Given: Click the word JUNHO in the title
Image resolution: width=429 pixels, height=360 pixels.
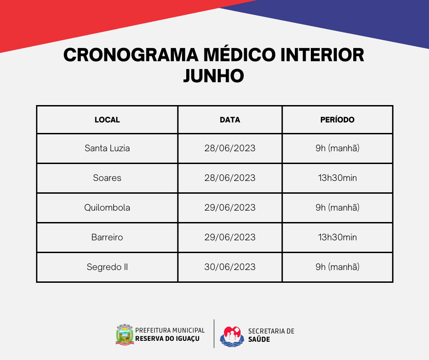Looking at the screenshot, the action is tap(214, 76).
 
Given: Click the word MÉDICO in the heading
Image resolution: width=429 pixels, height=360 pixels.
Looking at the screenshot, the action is tap(240, 54).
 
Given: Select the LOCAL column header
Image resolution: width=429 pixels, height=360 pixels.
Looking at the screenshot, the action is tap(107, 120).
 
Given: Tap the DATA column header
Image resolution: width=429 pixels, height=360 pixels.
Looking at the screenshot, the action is tap(230, 120).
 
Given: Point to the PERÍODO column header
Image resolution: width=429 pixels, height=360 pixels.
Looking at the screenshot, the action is tap(337, 119).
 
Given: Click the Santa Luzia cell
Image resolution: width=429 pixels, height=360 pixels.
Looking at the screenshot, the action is tap(107, 148).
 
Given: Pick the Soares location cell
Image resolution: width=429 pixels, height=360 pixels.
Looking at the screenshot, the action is tap(107, 178).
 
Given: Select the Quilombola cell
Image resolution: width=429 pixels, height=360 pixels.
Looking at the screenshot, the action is tap(107, 207).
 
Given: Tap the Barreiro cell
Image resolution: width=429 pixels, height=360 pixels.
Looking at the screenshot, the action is tap(107, 237).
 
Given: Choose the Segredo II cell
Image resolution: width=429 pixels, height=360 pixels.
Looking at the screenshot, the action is tap(107, 267).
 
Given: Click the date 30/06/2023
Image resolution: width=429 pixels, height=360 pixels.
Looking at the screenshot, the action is tap(230, 267).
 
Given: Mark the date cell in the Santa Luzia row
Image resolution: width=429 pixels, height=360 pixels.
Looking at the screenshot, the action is tap(230, 148).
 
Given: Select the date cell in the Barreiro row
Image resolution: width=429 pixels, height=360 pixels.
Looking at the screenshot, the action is tap(230, 237).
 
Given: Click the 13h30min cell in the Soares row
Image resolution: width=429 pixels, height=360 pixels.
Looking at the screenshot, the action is tap(337, 178).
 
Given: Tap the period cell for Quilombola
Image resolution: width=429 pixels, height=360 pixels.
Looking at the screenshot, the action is tap(337, 207).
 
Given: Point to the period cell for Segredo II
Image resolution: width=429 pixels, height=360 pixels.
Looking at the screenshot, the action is tap(337, 267).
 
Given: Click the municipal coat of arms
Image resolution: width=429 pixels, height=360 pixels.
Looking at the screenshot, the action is tap(125, 334).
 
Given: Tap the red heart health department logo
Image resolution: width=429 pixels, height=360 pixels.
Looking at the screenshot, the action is tap(232, 336).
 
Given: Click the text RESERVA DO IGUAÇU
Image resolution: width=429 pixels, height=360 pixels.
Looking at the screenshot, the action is tap(167, 339).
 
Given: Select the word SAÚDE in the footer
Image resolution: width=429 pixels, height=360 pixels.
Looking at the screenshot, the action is tap(259, 339).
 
